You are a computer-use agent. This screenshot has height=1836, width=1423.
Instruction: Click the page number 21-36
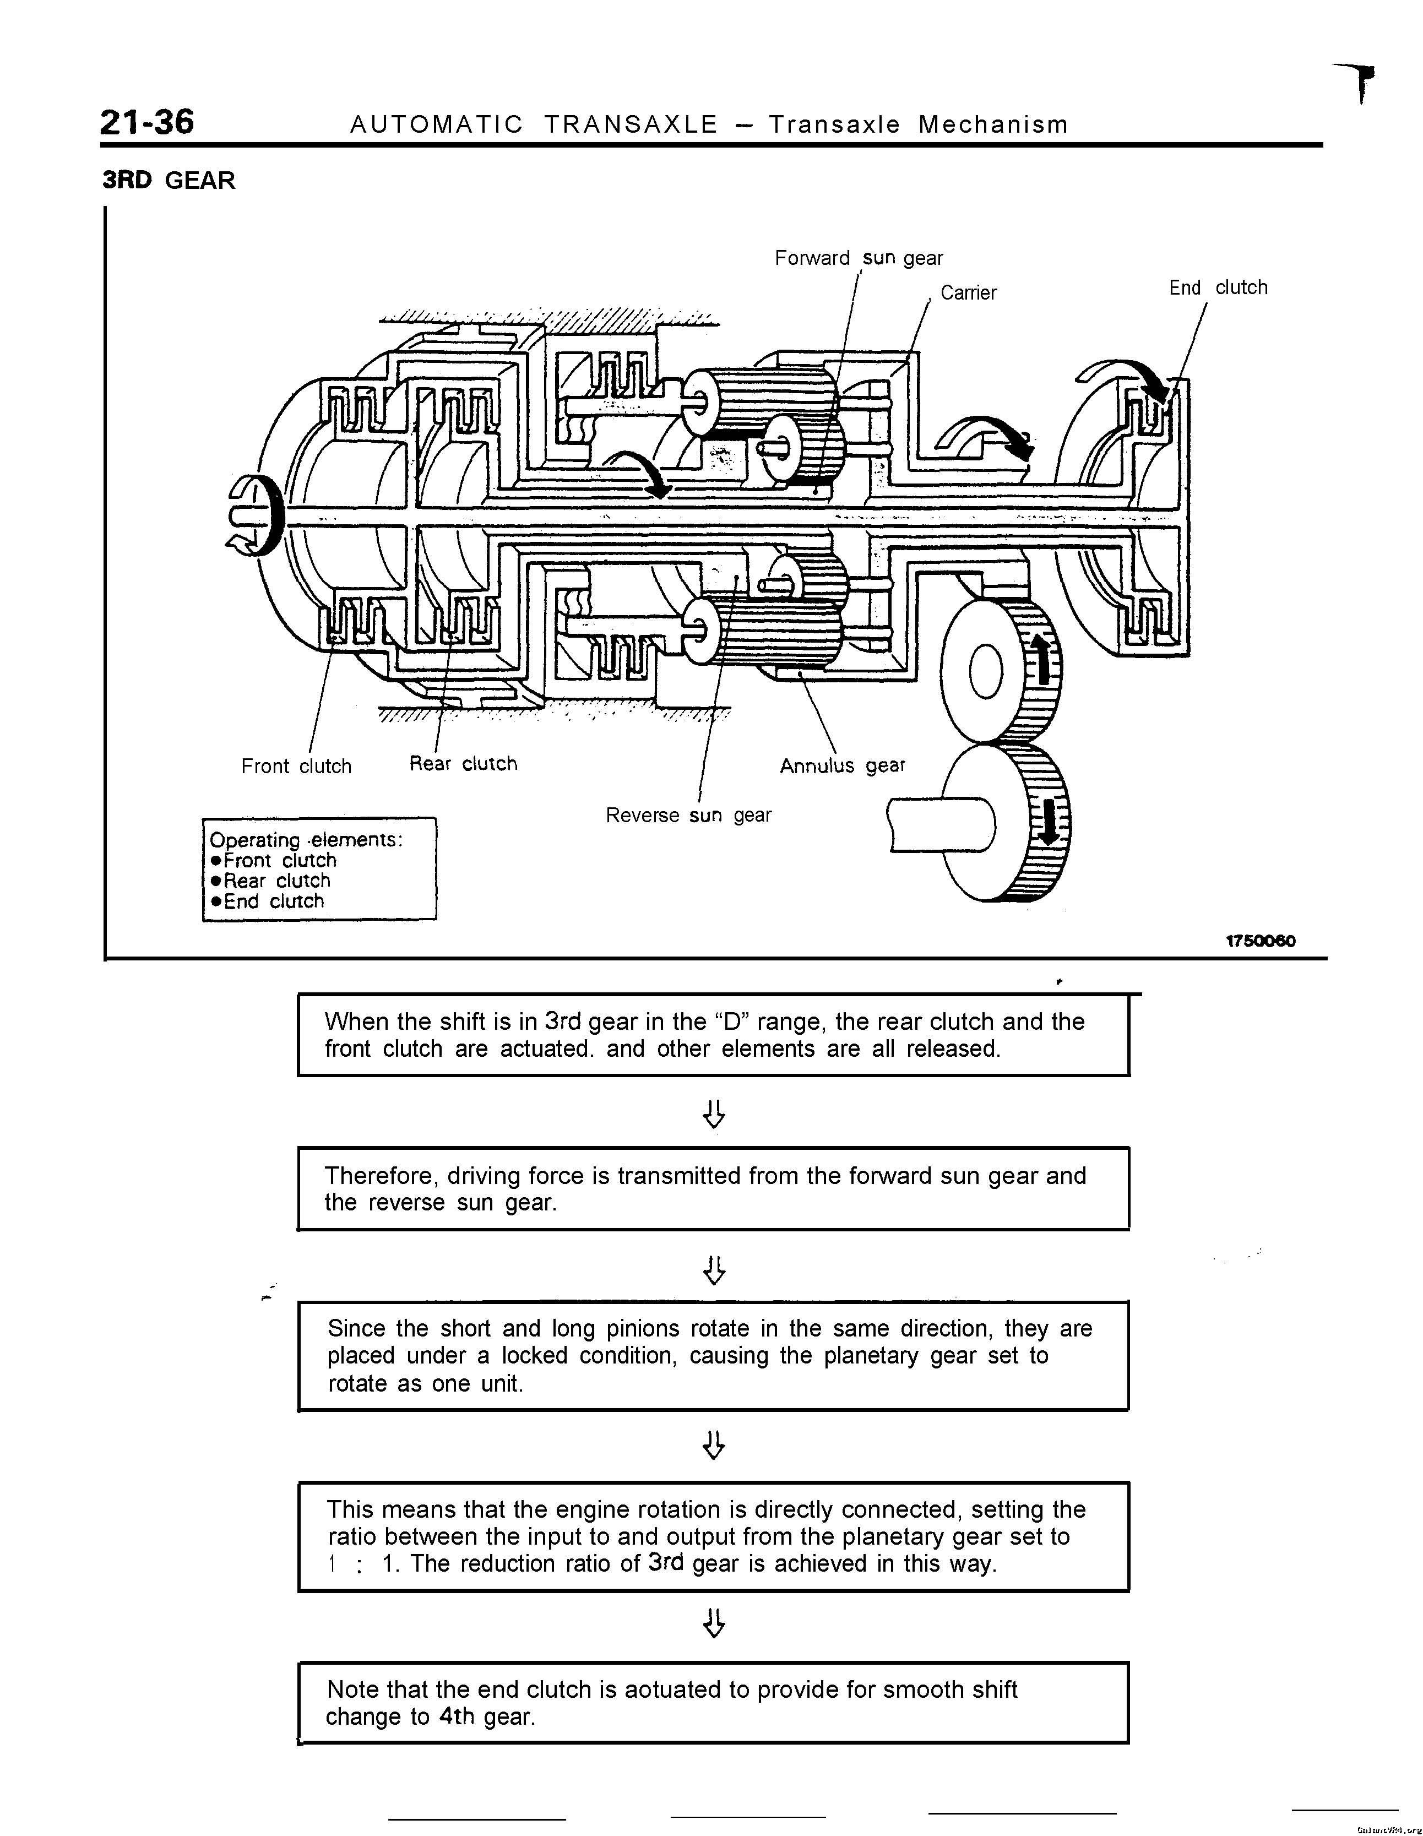tap(147, 122)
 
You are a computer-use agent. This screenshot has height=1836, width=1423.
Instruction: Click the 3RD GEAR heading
tap(169, 180)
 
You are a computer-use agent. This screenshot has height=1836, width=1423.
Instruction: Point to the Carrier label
tap(968, 292)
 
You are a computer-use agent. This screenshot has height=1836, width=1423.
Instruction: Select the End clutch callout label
tap(1218, 287)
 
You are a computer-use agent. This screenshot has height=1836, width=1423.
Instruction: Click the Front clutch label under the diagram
tap(296, 766)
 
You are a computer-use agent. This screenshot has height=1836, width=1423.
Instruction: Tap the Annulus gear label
tap(842, 766)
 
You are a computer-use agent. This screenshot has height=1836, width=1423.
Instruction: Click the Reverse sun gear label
tap(688, 814)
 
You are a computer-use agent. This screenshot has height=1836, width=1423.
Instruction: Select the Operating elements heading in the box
tap(306, 840)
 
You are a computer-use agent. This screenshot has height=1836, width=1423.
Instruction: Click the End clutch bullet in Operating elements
tap(267, 901)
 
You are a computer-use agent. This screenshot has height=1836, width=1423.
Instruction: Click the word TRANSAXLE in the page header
tap(631, 124)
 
